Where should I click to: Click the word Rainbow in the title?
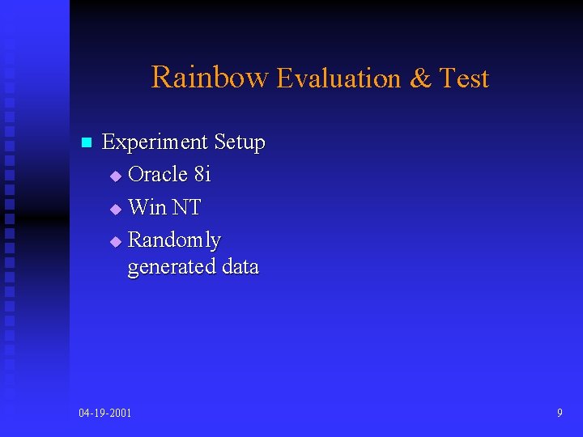click(209, 77)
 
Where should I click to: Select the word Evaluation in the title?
click(339, 78)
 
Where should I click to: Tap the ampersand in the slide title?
click(420, 78)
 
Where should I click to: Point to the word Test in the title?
click(464, 78)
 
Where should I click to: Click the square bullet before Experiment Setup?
click(85, 143)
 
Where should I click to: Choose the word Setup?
click(240, 143)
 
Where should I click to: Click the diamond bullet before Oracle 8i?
click(115, 176)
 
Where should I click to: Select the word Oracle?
click(158, 174)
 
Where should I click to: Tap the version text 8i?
click(202, 174)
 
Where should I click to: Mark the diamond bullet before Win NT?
click(115, 209)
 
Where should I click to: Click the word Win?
click(147, 207)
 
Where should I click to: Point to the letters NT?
click(186, 207)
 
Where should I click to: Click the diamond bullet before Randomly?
click(115, 241)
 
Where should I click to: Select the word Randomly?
click(174, 240)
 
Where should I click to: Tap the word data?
click(240, 266)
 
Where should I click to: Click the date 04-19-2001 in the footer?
click(105, 414)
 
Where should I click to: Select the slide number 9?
click(560, 414)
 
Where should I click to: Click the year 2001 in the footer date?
click(120, 414)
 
